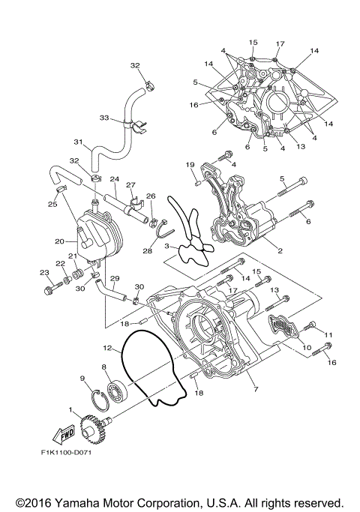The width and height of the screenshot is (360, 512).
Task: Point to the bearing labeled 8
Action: pos(118,391)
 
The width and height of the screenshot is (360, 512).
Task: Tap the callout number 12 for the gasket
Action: pos(109,348)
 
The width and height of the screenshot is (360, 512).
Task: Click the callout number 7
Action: pos(256,390)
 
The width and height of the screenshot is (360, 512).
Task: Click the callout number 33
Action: pos(104,117)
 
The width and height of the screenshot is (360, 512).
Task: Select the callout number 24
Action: pos(115,179)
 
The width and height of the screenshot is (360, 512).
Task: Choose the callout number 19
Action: pos(190,164)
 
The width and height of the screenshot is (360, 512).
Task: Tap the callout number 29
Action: pos(115,279)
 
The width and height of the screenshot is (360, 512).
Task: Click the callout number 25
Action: pos(53,204)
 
